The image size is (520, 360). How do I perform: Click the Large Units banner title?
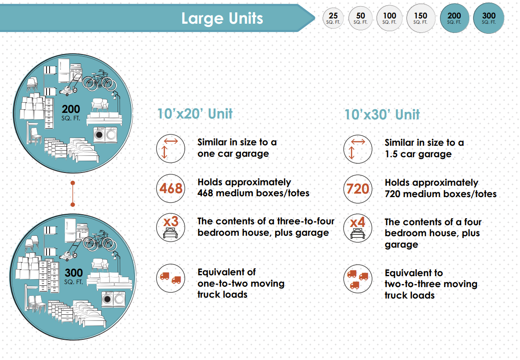click(x=222, y=18)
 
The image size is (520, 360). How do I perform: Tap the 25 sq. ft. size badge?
click(x=333, y=18)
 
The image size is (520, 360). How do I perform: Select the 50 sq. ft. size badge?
click(x=360, y=18)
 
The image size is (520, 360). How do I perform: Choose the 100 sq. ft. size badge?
click(x=389, y=18)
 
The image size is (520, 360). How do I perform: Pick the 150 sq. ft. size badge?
click(x=420, y=18)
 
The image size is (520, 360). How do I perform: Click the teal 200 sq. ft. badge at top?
click(x=454, y=18)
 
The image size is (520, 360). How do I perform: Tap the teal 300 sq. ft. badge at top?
click(x=488, y=18)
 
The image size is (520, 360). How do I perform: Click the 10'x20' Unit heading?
click(x=195, y=114)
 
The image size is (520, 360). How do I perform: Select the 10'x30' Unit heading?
click(x=382, y=115)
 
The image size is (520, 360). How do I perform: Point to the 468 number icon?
click(x=170, y=188)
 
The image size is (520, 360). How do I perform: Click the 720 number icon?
click(x=358, y=189)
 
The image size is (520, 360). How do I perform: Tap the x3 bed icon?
click(x=170, y=227)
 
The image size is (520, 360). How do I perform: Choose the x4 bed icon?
click(x=358, y=228)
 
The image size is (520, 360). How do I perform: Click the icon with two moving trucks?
click(x=170, y=278)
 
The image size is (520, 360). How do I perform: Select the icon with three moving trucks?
click(x=358, y=279)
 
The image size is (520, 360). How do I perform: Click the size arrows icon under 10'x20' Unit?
click(x=170, y=148)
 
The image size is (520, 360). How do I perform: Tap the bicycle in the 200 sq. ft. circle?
click(x=100, y=81)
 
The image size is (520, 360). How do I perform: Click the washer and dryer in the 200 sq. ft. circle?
click(x=105, y=135)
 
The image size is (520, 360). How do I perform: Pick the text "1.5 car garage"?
click(x=418, y=154)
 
